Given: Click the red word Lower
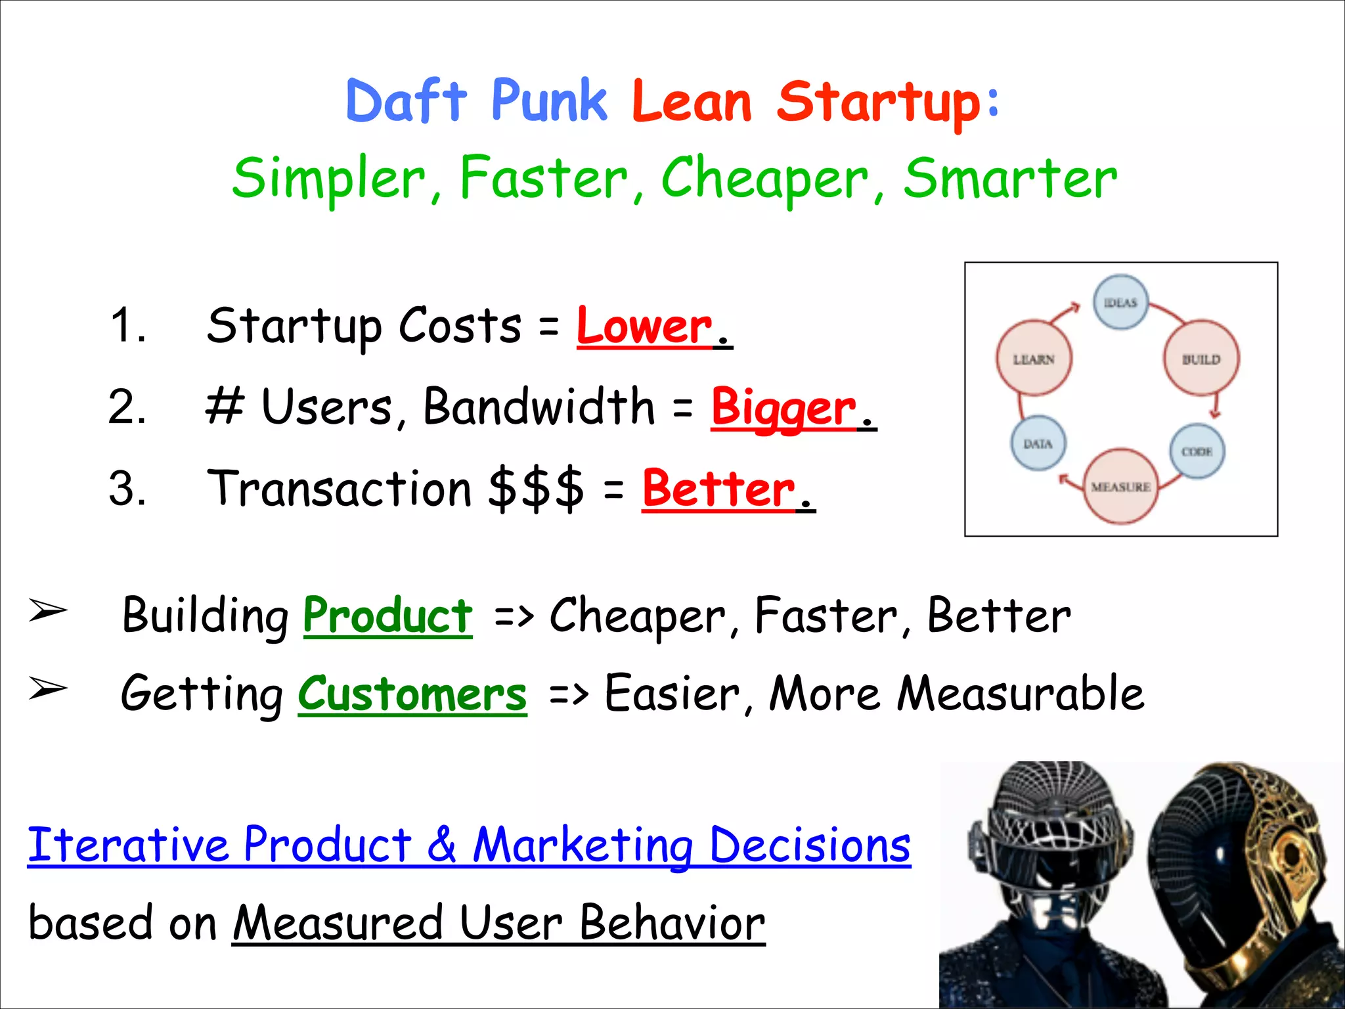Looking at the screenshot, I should point(644,326).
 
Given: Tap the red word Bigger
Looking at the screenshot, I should point(783,408).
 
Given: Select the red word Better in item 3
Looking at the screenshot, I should point(718,489).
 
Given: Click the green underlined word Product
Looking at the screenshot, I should point(387,616).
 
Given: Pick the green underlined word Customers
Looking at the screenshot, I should point(412,695).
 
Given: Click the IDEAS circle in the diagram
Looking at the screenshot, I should point(1120,302).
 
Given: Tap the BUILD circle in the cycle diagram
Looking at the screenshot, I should point(1201,359).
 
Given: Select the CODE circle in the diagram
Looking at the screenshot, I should point(1197,451).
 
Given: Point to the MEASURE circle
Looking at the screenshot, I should point(1120,487).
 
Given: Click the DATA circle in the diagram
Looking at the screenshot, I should point(1038,444).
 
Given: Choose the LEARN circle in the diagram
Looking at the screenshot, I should point(1034,359).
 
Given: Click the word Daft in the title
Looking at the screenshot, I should point(406,102).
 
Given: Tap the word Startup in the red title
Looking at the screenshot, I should point(879,103).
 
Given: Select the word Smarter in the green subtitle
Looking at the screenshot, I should point(1009,179).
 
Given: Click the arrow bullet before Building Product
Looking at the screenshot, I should point(48,611).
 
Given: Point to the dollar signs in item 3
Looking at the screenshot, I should point(536,489).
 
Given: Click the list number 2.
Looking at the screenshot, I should point(127,407).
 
